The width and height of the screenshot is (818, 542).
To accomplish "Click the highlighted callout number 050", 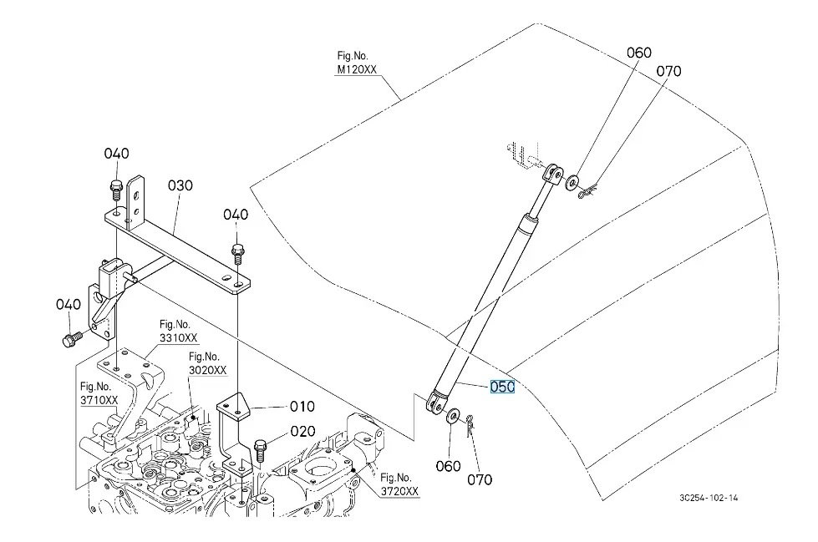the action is pos(502,387).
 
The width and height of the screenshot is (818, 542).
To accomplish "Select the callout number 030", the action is pos(180,185).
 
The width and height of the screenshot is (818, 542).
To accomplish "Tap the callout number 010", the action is pos(302,406).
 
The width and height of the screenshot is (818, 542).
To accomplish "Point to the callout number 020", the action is pos(302,431).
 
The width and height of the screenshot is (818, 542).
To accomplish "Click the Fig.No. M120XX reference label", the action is pos(357,63).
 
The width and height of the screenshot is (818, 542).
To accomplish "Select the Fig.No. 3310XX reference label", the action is pos(179,332).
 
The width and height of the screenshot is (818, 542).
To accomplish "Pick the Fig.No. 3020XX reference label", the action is pos(207,363).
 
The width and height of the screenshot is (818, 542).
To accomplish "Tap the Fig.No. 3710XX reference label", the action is pos(99,393).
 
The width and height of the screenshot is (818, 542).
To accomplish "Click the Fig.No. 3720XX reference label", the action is pos(399,484).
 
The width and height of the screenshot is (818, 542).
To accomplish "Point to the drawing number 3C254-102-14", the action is pos(709,498).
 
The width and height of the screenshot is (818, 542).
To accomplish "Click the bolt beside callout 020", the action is pos(261,451).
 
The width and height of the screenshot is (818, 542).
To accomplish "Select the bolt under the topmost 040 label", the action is pos(116,190).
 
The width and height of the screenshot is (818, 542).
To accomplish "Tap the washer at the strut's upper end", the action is pos(572,183).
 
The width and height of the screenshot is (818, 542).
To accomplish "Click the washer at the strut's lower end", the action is pos(452,416).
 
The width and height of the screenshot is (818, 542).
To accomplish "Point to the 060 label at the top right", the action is pos(639,53).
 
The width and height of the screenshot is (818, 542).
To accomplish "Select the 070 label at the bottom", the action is pos(480,479).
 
